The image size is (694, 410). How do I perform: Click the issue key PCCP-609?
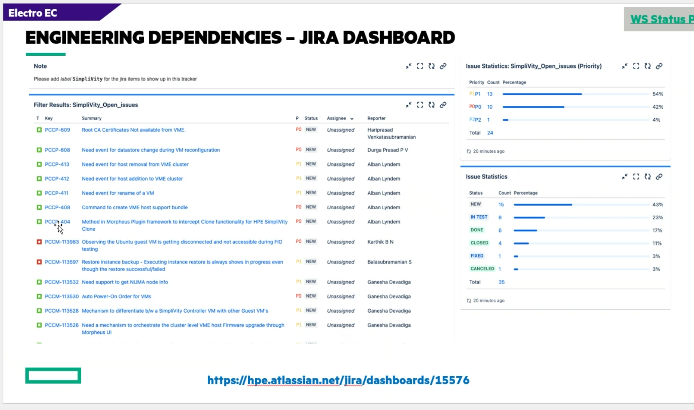pos(57,130)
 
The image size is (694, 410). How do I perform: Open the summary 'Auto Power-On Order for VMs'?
pos(116,297)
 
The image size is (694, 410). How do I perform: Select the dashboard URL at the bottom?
pos(338,380)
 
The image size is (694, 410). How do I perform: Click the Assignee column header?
pos(337,118)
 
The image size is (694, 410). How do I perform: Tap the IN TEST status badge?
pos(479,217)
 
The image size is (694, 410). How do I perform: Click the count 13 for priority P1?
pos(490,94)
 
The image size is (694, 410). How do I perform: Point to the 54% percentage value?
pos(658,94)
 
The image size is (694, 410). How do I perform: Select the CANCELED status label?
pos(482,269)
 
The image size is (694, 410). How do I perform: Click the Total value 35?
pos(502,282)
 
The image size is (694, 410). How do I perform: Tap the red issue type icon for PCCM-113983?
pos(39,242)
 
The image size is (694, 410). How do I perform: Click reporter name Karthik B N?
pos(380,242)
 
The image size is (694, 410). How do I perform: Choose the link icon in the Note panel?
pos(443,66)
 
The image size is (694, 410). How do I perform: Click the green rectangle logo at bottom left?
pos(53,376)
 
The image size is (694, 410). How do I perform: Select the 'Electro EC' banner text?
pos(33,13)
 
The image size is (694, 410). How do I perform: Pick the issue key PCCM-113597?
pos(62,262)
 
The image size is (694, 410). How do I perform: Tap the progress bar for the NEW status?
pos(543,205)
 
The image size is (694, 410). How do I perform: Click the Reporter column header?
pos(376,118)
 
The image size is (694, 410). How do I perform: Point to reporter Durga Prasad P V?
pos(387,150)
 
